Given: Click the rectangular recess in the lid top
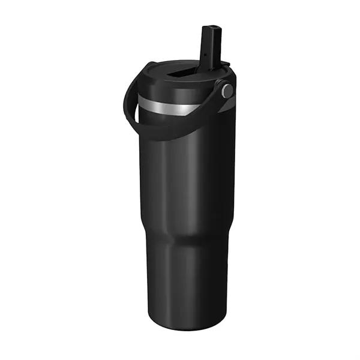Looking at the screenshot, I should pos(180,73).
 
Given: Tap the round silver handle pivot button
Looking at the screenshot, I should pos(227,91).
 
